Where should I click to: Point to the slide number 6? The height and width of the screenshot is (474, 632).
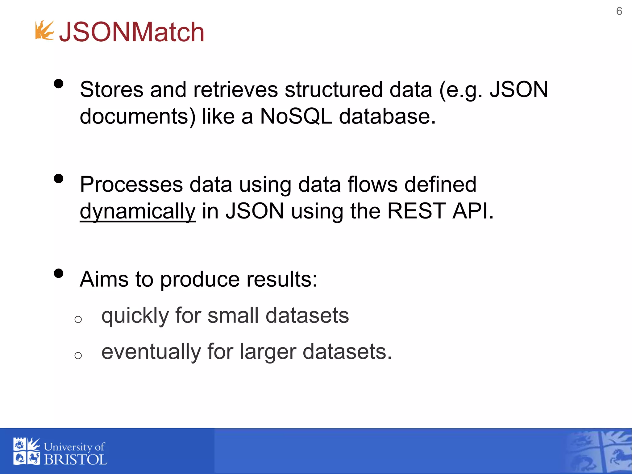pos(619,11)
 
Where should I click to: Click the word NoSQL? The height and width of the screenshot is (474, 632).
pos(296,116)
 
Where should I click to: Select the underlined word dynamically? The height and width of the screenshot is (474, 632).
pos(138,211)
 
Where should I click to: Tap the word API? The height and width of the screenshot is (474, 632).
pos(472,211)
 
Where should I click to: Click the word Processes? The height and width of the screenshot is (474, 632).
pos(131,185)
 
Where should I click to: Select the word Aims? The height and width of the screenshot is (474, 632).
pos(104,279)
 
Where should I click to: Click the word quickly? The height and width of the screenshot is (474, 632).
pos(135,316)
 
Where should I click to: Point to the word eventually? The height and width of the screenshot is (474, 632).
pos(151,352)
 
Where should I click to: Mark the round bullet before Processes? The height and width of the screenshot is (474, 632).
pos(58,179)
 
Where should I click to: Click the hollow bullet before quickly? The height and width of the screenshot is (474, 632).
pos(78,319)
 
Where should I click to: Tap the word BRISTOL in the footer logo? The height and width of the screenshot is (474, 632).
pos(75,460)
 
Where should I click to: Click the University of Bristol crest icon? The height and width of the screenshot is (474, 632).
pos(27,451)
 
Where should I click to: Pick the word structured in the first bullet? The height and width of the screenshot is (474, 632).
pos(334,90)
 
